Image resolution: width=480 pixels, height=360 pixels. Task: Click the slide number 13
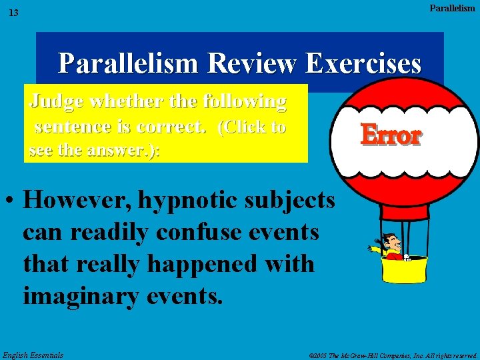(14, 13)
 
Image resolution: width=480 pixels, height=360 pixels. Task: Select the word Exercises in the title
(363, 64)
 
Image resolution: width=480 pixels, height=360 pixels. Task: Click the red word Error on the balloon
(391, 135)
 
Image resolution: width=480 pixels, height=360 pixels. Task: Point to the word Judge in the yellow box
(56, 102)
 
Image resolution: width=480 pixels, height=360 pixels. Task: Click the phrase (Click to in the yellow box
(252, 127)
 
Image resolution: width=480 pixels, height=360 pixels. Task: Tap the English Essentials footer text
(33, 355)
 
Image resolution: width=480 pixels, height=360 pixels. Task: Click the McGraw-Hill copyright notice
(394, 355)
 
